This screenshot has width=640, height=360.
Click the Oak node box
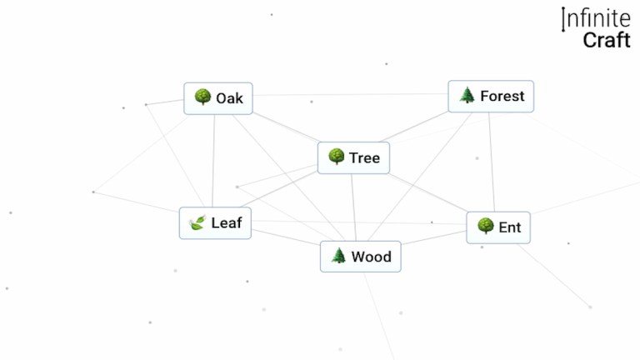218,98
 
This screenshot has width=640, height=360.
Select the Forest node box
491,97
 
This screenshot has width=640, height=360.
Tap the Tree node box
354,157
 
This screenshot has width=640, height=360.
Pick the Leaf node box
215,223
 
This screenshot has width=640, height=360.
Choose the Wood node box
360,257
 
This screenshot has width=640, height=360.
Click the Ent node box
498,227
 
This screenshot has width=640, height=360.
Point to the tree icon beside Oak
202,97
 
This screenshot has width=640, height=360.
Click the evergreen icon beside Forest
467,96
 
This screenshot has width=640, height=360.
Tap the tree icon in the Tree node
337,157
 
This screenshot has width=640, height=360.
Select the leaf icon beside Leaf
197,222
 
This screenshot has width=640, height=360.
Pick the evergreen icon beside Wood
338,256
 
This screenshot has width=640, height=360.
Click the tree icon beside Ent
485,226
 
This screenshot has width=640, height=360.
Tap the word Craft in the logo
607,39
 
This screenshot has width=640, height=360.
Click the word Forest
502,97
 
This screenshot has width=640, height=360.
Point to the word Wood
371,257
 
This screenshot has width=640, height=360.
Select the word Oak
229,98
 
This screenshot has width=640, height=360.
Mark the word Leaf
227,223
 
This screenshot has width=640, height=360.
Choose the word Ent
509,227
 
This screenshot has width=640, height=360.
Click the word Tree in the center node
364,157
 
